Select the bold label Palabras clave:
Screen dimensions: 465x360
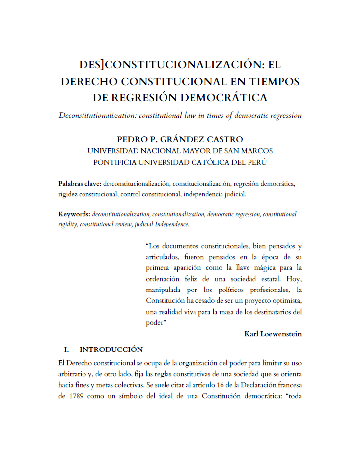pyautogui.click(x=80, y=183)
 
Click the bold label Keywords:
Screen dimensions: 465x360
pyautogui.click(x=74, y=214)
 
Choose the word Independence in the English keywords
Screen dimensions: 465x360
pyautogui.click(x=172, y=224)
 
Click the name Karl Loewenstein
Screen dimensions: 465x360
pyautogui.click(x=273, y=334)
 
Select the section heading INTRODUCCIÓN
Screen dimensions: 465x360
pyautogui.click(x=111, y=350)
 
